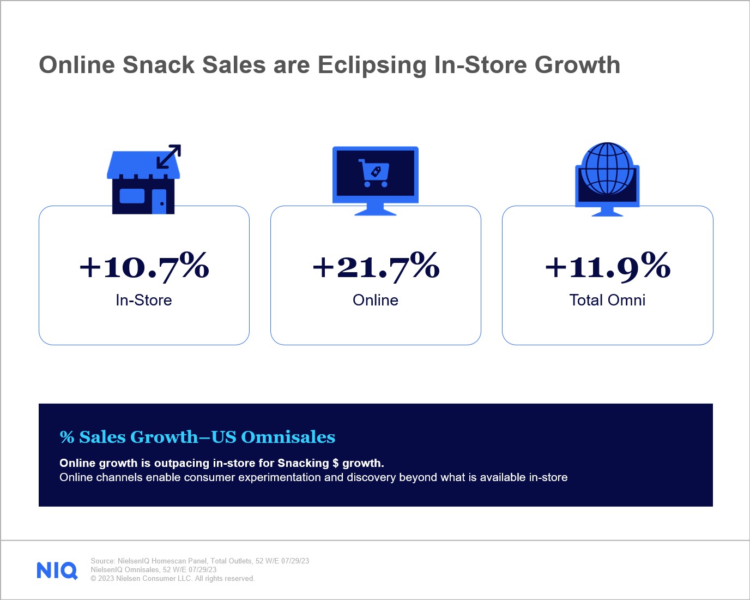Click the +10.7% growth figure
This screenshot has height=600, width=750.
(x=144, y=266)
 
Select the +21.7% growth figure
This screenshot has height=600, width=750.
(x=376, y=266)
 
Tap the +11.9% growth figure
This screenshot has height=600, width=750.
(x=607, y=266)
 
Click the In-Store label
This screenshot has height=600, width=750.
(x=144, y=300)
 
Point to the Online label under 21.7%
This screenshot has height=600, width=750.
(x=376, y=300)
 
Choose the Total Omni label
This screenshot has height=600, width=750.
(x=607, y=300)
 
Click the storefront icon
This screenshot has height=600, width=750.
(x=143, y=185)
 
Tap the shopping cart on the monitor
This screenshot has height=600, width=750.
(x=374, y=173)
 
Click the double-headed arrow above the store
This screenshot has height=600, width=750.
(x=168, y=157)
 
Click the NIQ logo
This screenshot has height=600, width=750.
(x=57, y=571)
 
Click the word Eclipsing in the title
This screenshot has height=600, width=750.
(x=372, y=65)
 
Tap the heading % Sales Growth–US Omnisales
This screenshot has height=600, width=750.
(x=197, y=437)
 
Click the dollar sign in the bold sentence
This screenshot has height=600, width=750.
(x=336, y=463)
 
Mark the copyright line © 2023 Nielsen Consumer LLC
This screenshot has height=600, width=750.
(x=172, y=579)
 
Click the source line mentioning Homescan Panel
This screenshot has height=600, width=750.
(x=199, y=561)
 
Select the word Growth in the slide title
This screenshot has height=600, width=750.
(x=577, y=65)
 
